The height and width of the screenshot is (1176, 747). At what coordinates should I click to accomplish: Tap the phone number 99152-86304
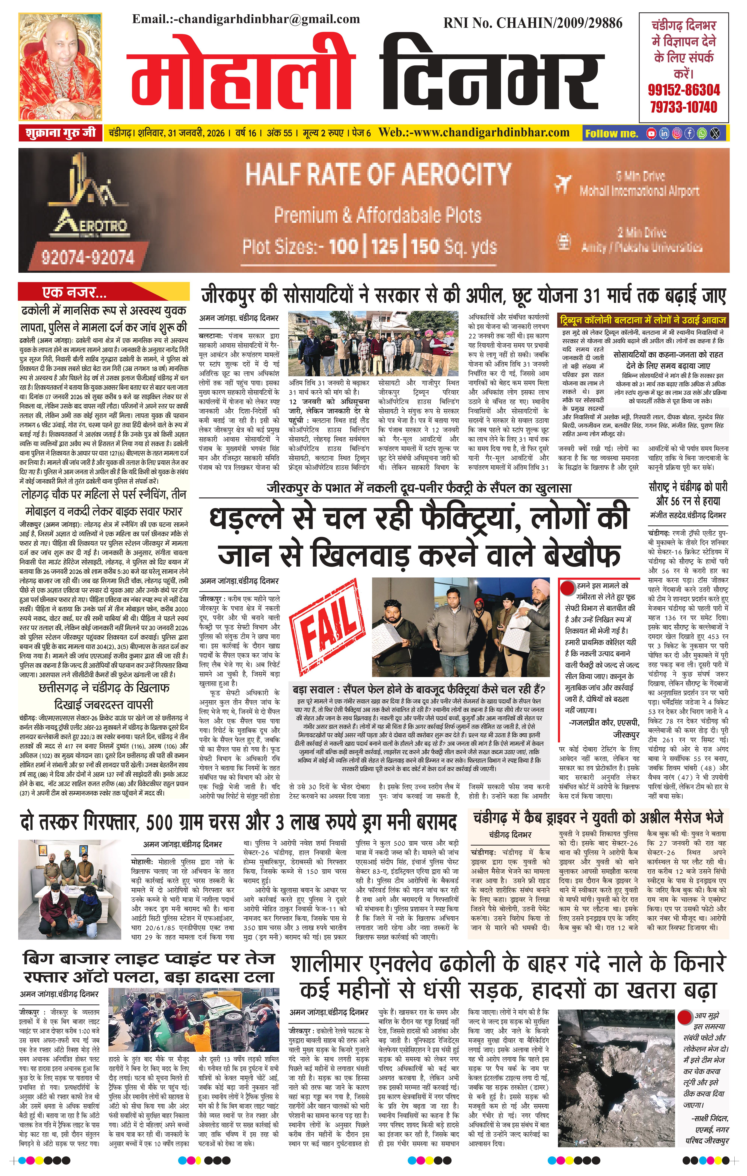[x=683, y=90]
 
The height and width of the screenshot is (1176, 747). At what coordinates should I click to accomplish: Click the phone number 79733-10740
[x=683, y=107]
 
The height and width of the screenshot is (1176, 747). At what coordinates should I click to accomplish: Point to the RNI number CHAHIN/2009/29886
[x=533, y=23]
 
